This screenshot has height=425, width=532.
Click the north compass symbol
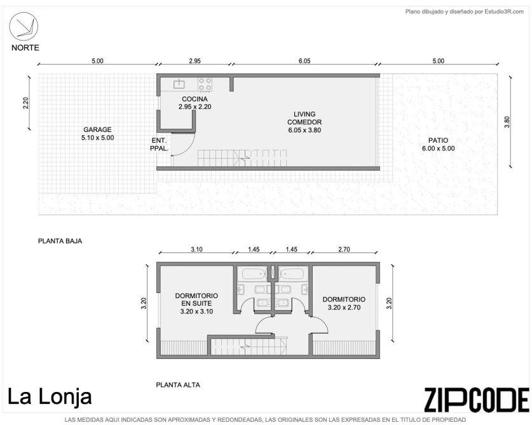pyautogui.click(x=24, y=27)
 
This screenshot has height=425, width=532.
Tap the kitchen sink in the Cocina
pyautogui.click(x=179, y=84)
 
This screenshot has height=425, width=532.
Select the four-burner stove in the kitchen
pyautogui.click(x=205, y=84)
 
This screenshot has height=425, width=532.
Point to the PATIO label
pyautogui.click(x=438, y=140)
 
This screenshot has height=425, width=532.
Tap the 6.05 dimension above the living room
pyautogui.click(x=304, y=61)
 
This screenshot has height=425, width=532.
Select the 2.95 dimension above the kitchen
pyautogui.click(x=194, y=61)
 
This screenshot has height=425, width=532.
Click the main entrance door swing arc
pyautogui.click(x=188, y=148)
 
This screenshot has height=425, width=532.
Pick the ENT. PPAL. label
pyautogui.click(x=159, y=144)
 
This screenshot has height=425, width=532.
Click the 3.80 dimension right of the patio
pyautogui.click(x=507, y=122)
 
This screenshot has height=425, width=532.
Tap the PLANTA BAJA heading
pyautogui.click(x=60, y=241)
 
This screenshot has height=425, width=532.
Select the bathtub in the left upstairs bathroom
pyautogui.click(x=252, y=273)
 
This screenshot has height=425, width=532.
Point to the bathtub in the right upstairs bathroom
pyautogui.click(x=294, y=273)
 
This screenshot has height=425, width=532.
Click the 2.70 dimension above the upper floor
pyautogui.click(x=344, y=249)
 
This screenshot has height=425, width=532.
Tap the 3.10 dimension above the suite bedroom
pyautogui.click(x=196, y=249)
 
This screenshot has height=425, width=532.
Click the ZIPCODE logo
pyautogui.click(x=476, y=400)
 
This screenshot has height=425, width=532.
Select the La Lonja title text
pyautogui.click(x=50, y=397)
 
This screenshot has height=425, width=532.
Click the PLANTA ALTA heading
pyautogui.click(x=178, y=385)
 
